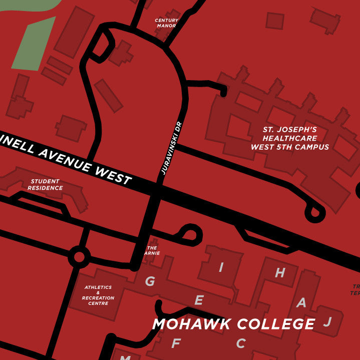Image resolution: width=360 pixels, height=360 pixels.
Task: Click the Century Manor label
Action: pyautogui.click(x=167, y=23)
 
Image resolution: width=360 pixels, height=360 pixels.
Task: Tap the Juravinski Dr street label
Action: pyautogui.click(x=171, y=148)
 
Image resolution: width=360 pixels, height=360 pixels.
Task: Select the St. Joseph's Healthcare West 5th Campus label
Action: pyautogui.click(x=290, y=138)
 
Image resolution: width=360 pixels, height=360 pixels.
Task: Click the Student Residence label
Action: pyautogui.click(x=45, y=185)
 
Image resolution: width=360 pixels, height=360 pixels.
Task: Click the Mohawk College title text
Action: pyautogui.click(x=234, y=324)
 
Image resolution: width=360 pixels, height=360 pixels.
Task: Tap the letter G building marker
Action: pyautogui.click(x=150, y=281)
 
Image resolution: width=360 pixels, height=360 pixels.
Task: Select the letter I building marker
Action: pyautogui.click(x=221, y=267)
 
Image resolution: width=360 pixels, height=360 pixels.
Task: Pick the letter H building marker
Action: pyautogui.click(x=280, y=273)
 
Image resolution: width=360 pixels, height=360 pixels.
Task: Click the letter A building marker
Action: pyautogui.click(x=301, y=302)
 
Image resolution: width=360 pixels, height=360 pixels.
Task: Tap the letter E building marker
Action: pyautogui.click(x=199, y=300)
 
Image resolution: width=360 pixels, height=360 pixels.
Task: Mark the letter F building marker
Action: pyautogui.click(x=176, y=343)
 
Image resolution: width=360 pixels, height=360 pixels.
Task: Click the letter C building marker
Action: pyautogui.click(x=241, y=343)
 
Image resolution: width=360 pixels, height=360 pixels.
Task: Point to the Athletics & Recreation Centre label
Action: pyautogui.click(x=98, y=295)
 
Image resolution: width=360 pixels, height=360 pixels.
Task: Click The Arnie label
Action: pyautogui.click(x=152, y=250)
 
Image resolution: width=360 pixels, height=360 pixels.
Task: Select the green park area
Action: pyautogui.click(x=33, y=45)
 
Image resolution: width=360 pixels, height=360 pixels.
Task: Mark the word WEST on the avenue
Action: pyautogui.click(x=112, y=175)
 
